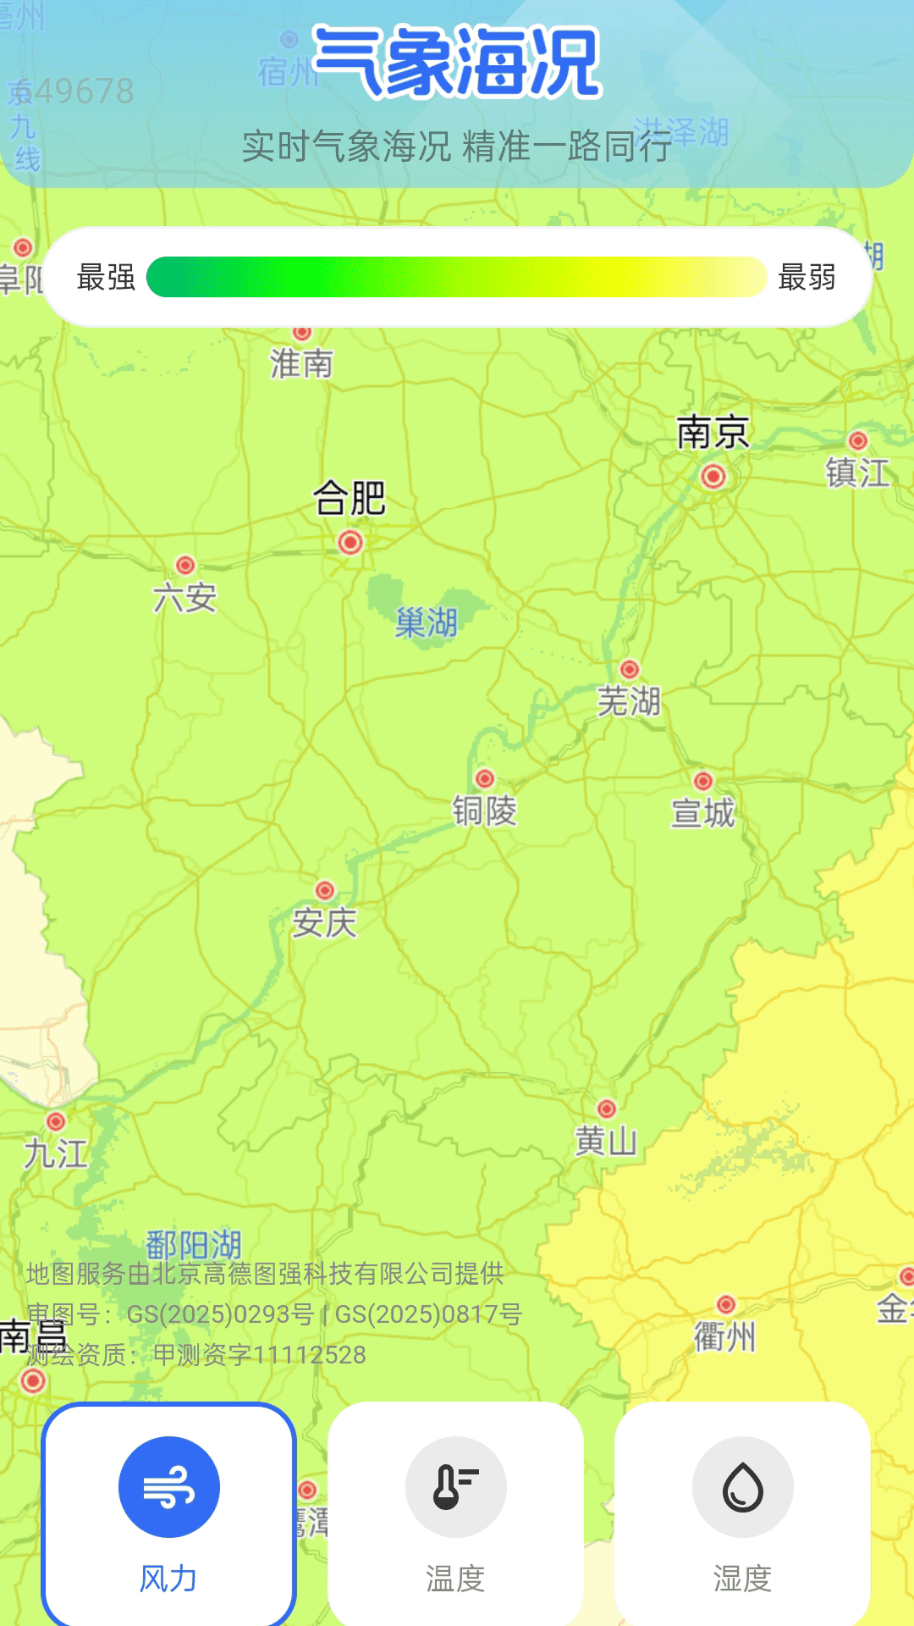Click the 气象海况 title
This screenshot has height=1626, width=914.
point(457,62)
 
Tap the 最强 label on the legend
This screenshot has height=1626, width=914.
point(106,277)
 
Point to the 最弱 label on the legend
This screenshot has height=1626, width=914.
point(807,277)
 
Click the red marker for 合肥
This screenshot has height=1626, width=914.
point(350,542)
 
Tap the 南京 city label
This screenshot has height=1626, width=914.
point(713,433)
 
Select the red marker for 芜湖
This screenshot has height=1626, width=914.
point(629,669)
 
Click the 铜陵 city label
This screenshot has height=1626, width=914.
point(484,810)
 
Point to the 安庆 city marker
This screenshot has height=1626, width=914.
point(325,890)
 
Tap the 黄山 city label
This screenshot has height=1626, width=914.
point(606,1142)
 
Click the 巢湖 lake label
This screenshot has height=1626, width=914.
point(427,623)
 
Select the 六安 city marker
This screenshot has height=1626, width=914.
point(185,565)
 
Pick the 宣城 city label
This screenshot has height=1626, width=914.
point(702,812)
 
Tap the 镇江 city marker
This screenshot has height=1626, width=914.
point(858,440)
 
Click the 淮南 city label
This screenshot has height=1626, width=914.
point(301,364)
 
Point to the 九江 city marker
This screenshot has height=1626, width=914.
point(56,1121)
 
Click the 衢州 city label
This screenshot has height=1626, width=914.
point(724,1337)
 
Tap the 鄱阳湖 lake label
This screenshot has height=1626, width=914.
point(194,1245)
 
